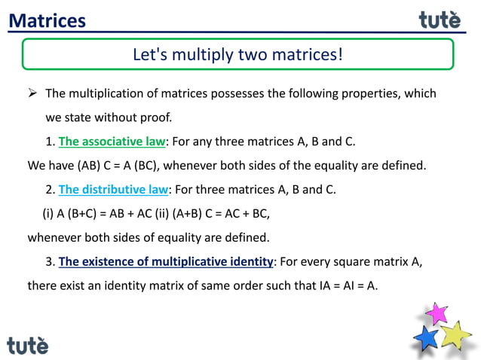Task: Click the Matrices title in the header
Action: pyautogui.click(x=47, y=20)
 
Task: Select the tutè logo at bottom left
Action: pyautogui.click(x=28, y=345)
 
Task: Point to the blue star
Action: pyautogui.click(x=427, y=337)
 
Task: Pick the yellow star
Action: pyautogui.click(x=455, y=334)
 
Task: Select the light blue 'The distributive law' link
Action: pyautogui.click(x=114, y=189)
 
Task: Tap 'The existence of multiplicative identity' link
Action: pyautogui.click(x=165, y=261)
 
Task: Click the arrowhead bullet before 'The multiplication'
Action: pyautogui.click(x=32, y=94)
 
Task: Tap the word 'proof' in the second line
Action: pyautogui.click(x=158, y=118)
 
